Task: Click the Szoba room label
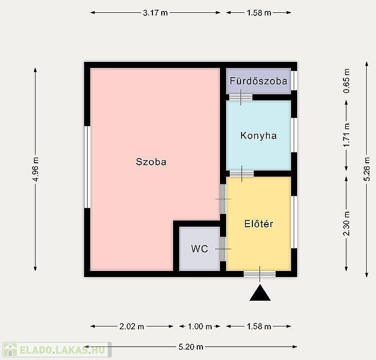(x=151, y=162)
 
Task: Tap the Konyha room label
(x=259, y=136)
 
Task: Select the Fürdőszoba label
(x=259, y=81)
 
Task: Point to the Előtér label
(x=259, y=224)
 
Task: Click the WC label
(x=199, y=249)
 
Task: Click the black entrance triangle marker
(x=260, y=293)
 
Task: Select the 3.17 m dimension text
(x=156, y=13)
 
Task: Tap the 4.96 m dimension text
(x=36, y=169)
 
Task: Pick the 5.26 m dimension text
(x=367, y=169)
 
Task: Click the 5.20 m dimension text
(x=191, y=347)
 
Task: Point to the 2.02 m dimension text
(x=132, y=327)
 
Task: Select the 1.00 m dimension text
(x=200, y=327)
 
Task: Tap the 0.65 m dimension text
(x=347, y=81)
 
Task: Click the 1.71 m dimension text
(x=347, y=135)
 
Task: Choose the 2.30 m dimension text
(x=347, y=224)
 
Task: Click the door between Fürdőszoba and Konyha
(x=241, y=97)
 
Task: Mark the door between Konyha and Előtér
(x=242, y=174)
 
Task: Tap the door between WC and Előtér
(x=223, y=249)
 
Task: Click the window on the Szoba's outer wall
(x=87, y=167)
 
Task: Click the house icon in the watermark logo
(x=10, y=350)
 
